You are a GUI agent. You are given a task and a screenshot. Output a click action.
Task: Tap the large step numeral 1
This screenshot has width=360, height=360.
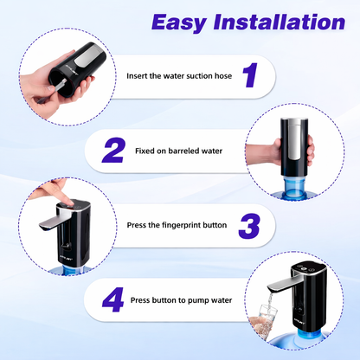(249, 76)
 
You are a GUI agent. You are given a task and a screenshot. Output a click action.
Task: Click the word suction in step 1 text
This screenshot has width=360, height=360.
(190, 76)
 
